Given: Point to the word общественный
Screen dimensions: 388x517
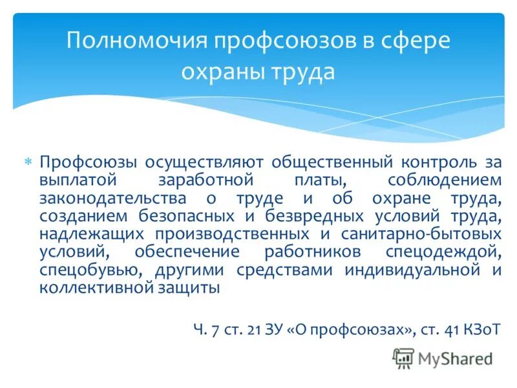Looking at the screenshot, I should (x=316, y=162).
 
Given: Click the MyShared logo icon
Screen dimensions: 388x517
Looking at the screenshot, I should (x=403, y=358).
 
